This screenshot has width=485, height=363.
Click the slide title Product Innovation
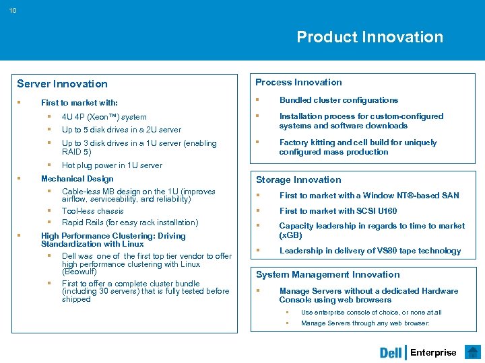pyautogui.click(x=370, y=37)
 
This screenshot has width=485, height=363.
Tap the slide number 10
pyautogui.click(x=13, y=9)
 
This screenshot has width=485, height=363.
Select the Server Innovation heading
pyautogui.click(x=62, y=84)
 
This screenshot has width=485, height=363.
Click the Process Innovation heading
pyautogui.click(x=298, y=83)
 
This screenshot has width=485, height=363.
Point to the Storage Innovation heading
pyautogui.click(x=298, y=179)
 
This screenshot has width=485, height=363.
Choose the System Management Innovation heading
pyautogui.click(x=327, y=274)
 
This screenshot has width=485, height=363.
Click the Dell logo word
pyautogui.click(x=391, y=353)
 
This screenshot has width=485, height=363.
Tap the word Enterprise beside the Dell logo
pyautogui.click(x=433, y=353)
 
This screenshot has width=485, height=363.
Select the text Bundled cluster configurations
pyautogui.click(x=338, y=100)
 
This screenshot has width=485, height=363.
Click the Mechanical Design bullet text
pyautogui.click(x=77, y=179)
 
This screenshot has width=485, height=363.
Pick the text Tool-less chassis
pyautogui.click(x=92, y=211)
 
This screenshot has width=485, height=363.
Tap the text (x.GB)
pyautogui.click(x=290, y=235)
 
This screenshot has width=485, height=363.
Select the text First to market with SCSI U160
pyautogui.click(x=337, y=211)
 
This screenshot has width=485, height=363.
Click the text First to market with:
pyautogui.click(x=79, y=103)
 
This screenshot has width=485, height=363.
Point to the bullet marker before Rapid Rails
pyautogui.click(x=49, y=223)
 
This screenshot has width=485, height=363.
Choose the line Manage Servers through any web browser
pyautogui.click(x=365, y=323)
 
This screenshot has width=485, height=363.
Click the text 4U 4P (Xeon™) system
pyautogui.click(x=104, y=117)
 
